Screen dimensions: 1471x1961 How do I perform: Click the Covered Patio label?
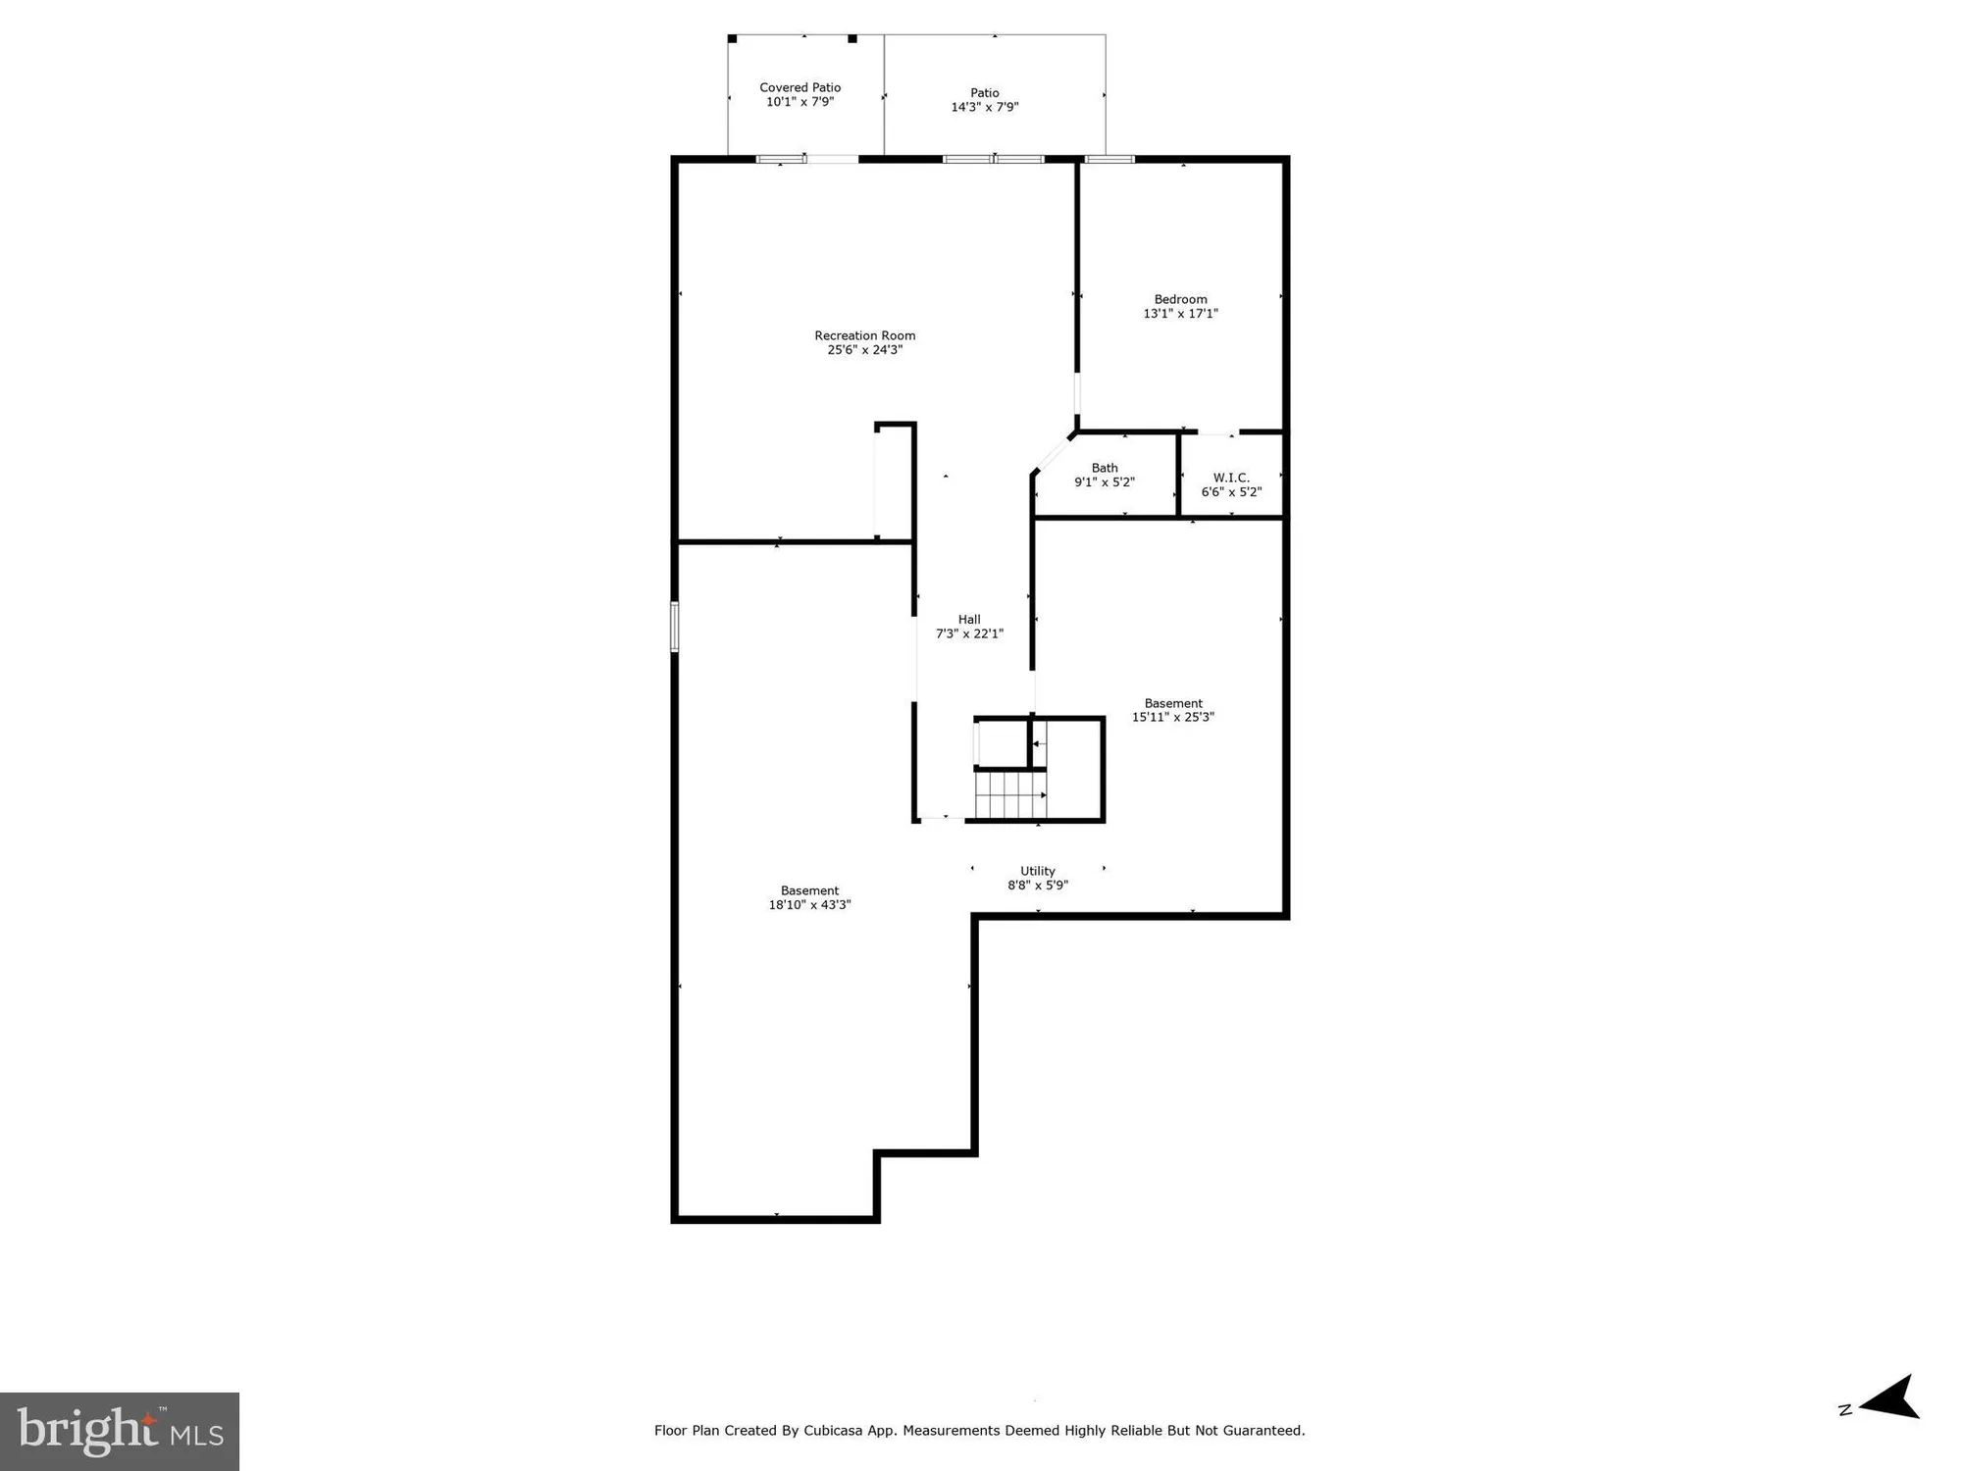(800, 87)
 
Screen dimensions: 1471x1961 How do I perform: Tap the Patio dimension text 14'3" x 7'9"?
(984, 107)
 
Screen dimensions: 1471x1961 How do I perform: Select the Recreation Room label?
(864, 335)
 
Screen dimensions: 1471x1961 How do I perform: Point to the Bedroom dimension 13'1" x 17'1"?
(1180, 314)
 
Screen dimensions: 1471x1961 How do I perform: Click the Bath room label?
(1104, 468)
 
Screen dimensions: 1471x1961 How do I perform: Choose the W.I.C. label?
(1230, 478)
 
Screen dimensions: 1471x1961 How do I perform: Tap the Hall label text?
(968, 619)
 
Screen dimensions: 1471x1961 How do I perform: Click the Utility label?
(1037, 871)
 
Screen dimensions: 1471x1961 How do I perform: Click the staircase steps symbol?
(1009, 794)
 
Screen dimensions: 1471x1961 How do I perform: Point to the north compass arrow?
(1888, 1398)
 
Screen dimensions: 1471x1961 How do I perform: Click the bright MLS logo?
(120, 1431)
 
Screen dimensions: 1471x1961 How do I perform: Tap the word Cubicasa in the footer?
(834, 1431)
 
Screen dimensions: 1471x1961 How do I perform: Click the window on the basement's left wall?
(674, 626)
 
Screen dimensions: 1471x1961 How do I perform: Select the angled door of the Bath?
(1053, 454)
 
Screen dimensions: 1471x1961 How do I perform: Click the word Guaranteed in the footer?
(1262, 1431)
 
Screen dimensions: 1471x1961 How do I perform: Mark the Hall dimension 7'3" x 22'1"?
(968, 634)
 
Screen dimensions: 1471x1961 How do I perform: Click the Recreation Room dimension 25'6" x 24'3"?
(864, 350)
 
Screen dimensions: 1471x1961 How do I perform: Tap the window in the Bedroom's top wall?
(1109, 159)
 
